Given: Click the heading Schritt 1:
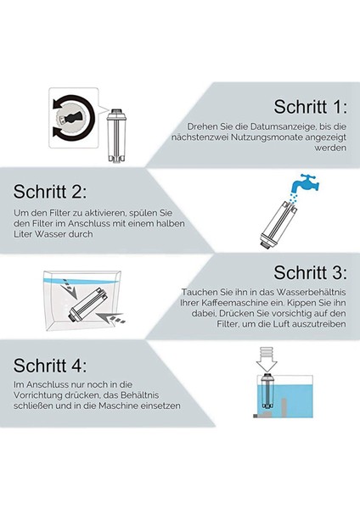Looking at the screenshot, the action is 310,106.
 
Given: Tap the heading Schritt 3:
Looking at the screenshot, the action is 310,272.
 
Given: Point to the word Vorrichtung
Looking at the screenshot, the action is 37,395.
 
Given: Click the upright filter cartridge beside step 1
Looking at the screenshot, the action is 116,136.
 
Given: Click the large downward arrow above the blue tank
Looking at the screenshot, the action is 267,360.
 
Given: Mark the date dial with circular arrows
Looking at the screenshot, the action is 73,118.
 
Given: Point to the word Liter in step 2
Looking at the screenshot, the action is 23,234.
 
